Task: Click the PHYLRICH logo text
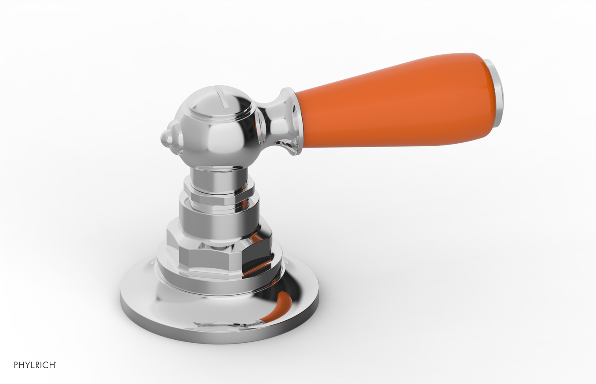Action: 36,365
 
